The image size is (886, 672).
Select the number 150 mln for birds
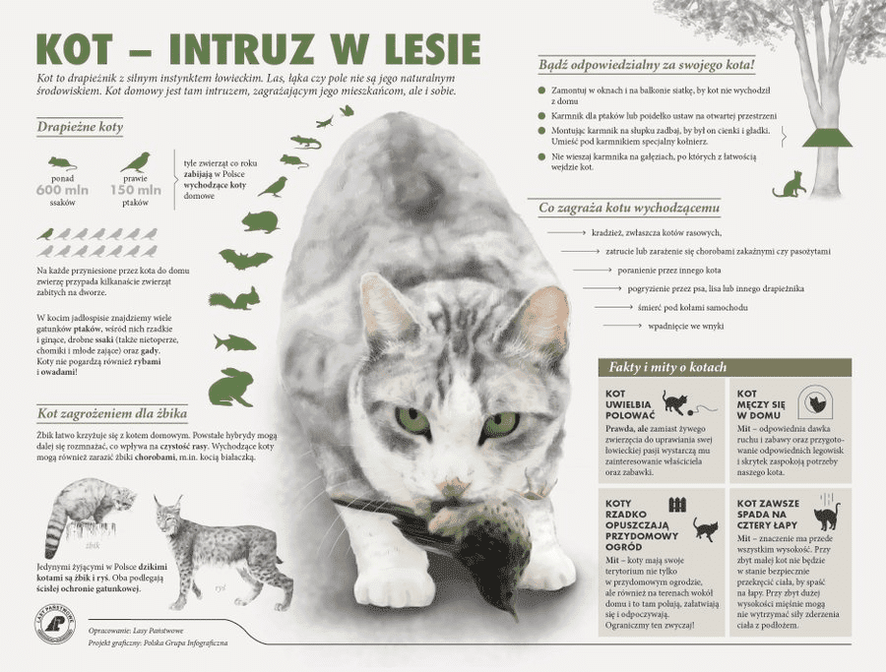(x=135, y=190)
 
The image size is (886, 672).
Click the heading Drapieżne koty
(x=80, y=127)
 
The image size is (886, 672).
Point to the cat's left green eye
(x=412, y=420)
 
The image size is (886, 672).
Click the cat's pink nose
(x=455, y=488)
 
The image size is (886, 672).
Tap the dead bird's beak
(x=511, y=611)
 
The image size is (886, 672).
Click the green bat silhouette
(x=245, y=260)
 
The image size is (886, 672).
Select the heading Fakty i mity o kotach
(x=667, y=367)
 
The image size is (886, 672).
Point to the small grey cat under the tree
(x=790, y=184)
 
